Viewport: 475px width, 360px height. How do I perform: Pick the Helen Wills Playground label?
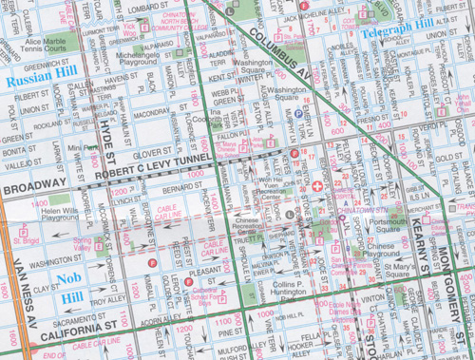tap(60, 214)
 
